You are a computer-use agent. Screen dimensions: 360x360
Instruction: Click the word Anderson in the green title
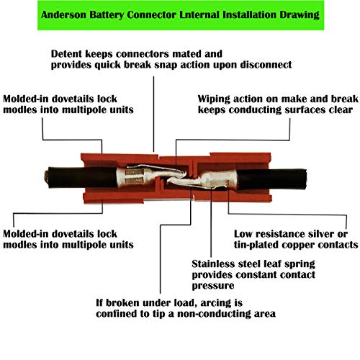pos(63,14)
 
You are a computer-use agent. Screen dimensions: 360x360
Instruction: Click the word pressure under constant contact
pos(213,286)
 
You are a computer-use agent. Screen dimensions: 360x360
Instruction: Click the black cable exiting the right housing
pos(271,179)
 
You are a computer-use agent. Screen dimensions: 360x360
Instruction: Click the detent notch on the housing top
pos(159,156)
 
